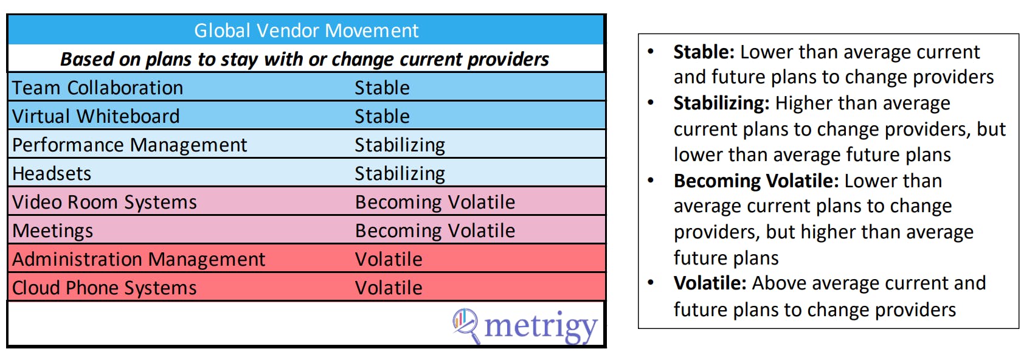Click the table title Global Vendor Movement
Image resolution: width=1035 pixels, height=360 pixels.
coord(306,30)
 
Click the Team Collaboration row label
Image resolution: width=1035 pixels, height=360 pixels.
coord(97,88)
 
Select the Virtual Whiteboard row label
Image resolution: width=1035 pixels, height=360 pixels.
coord(95,117)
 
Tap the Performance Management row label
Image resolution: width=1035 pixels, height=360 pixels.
coord(130,145)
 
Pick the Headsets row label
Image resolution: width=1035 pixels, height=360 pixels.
coord(52,174)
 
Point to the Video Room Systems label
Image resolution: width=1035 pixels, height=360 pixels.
coord(105,202)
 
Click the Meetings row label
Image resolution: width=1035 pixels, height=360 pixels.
coord(53,231)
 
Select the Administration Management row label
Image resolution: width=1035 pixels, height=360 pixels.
coord(139,259)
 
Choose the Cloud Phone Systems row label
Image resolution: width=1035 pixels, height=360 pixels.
coord(105,288)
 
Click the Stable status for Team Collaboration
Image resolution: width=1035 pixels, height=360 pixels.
coord(382,88)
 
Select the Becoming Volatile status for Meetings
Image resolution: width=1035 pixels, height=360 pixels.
coord(435,231)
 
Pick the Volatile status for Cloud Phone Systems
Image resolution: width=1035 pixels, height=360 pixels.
coord(389,288)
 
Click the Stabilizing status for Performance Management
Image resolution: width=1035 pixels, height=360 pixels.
coord(400,145)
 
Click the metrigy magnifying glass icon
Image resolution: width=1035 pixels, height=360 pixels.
coord(466,325)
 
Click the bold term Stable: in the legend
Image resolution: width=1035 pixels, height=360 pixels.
coord(704,52)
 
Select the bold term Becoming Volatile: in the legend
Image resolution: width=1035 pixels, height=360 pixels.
coord(756,181)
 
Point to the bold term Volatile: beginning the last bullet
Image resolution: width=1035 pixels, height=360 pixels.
coord(710,283)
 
